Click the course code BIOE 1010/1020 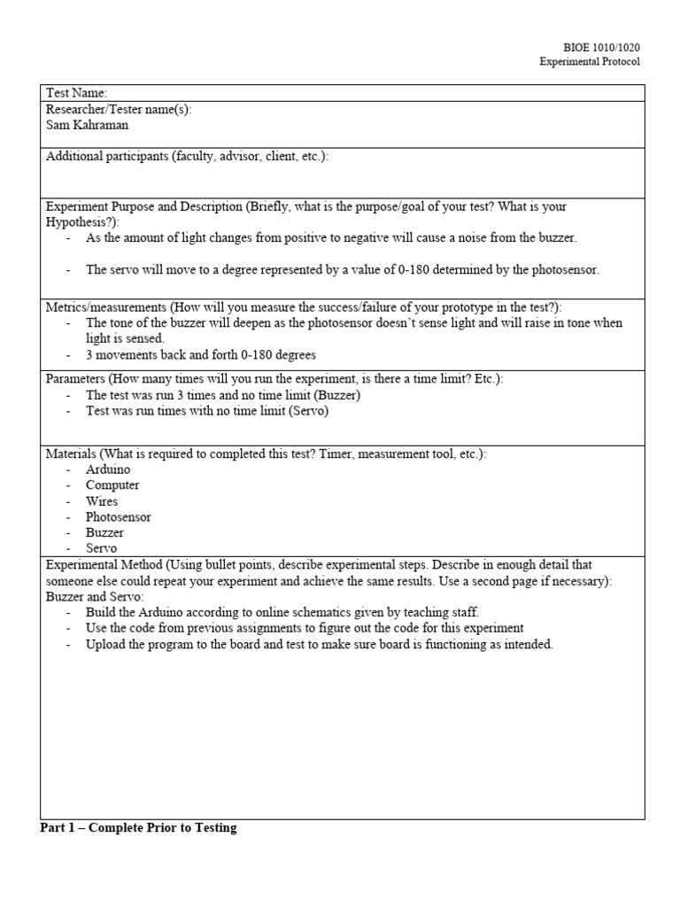point(601,47)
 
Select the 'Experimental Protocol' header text point(590,61)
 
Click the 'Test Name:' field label point(76,93)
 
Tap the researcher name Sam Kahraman point(88,125)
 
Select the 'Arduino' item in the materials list point(108,469)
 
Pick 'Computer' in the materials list point(112,485)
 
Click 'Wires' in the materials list point(102,501)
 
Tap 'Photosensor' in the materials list point(119,517)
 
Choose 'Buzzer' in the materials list point(104,533)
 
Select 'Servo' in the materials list point(101,549)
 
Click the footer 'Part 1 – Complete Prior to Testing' point(139,829)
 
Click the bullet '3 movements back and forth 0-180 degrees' point(200,355)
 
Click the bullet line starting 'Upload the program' point(319,645)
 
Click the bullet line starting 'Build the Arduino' point(282,613)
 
